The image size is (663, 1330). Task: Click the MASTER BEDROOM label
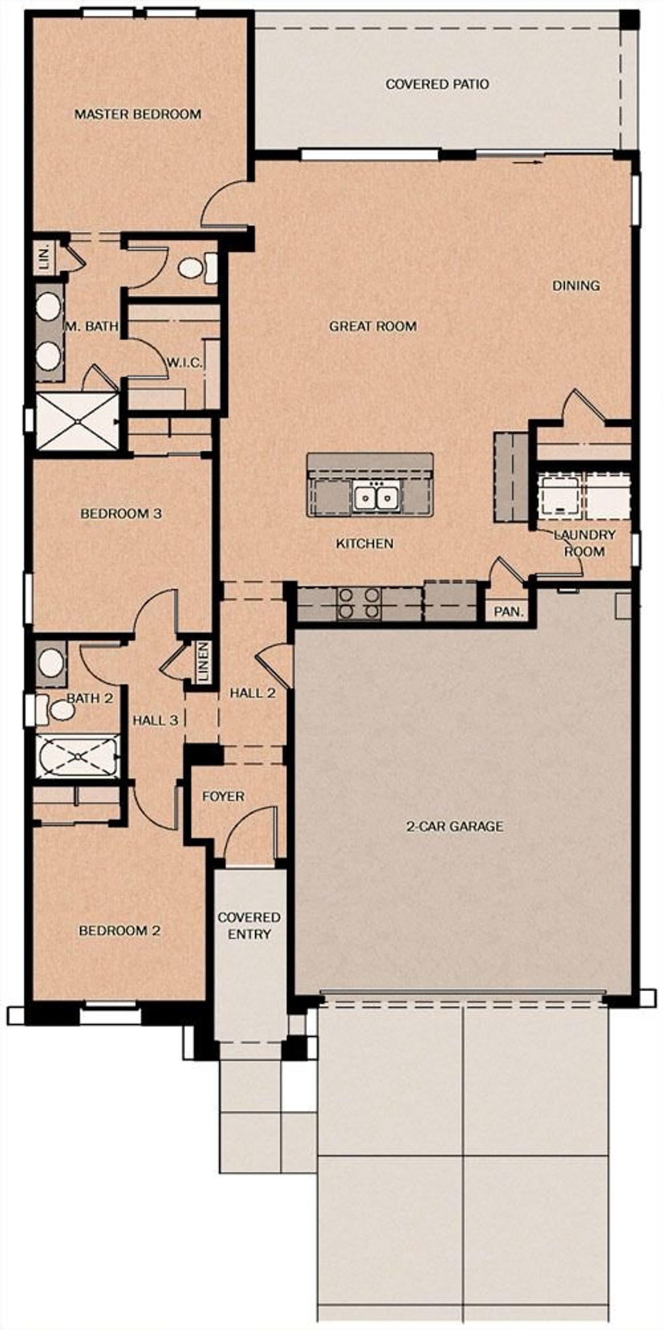(138, 114)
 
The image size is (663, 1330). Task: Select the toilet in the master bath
(197, 268)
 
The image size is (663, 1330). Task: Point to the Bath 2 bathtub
(78, 757)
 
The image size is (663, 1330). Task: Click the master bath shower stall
(77, 422)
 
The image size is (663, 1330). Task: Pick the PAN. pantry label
(509, 612)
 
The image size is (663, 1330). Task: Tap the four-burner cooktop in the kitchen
(358, 603)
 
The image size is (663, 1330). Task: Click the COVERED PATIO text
(437, 84)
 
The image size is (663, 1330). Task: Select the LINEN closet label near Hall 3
(204, 661)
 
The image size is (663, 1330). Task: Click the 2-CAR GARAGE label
(454, 826)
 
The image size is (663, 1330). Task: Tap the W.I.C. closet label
(184, 363)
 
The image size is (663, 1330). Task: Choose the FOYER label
(223, 796)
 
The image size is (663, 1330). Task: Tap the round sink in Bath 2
(50, 663)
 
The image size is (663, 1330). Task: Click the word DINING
(576, 285)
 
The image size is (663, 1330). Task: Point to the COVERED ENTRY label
(249, 926)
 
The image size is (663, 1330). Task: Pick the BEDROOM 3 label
(121, 513)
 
